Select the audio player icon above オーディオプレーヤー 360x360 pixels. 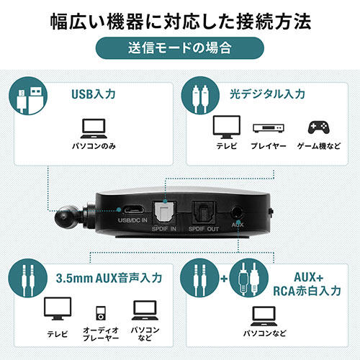tap(101, 312)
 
